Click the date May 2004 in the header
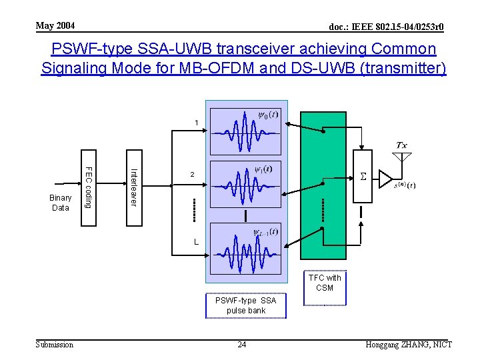(55, 26)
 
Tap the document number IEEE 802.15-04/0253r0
(386, 27)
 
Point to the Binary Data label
(61, 203)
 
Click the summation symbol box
(363, 177)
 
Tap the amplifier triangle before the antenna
(385, 178)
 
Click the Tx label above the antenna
(402, 145)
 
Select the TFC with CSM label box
(325, 283)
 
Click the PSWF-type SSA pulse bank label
(245, 305)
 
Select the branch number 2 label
(193, 175)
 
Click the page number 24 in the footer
(243, 345)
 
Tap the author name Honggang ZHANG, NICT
(409, 345)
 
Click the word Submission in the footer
(55, 345)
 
